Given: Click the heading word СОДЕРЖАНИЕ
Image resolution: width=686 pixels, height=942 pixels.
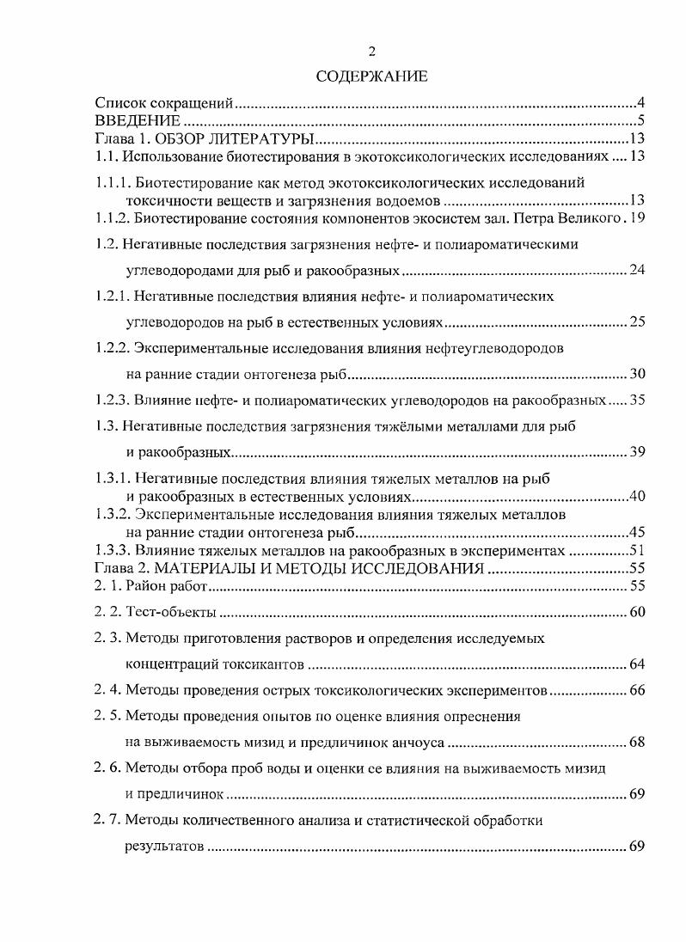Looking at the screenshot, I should [371, 77].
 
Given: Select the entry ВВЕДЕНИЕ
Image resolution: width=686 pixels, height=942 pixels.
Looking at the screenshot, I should [137, 120].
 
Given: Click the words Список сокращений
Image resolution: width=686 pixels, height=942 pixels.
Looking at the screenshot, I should [164, 103].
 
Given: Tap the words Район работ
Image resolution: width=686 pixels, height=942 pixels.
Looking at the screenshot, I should [168, 586].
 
